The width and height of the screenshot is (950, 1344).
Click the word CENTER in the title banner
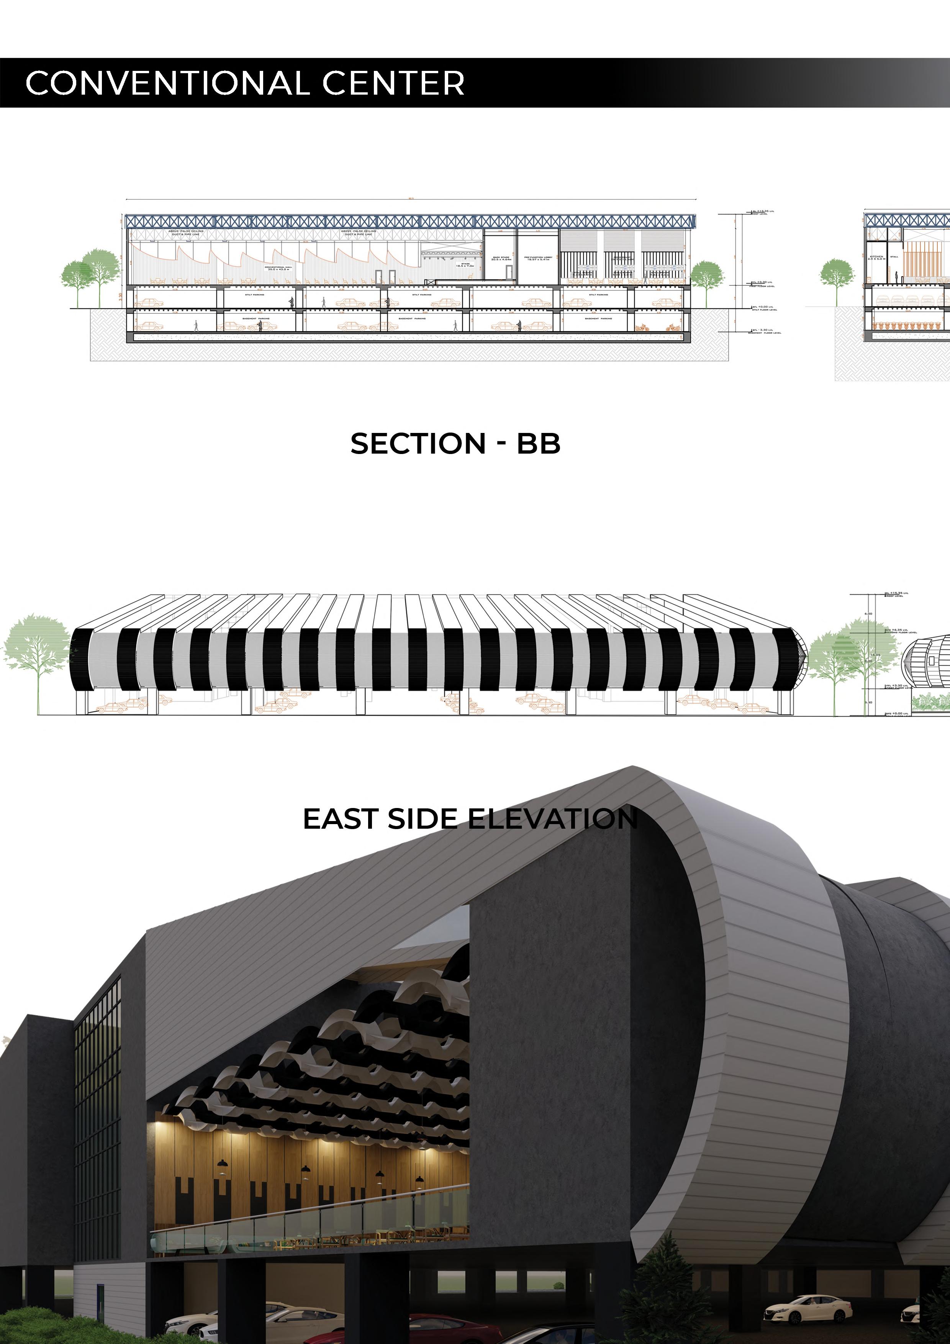[x=393, y=83]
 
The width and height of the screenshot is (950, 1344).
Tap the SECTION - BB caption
[x=455, y=444]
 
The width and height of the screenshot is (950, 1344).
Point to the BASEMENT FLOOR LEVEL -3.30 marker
[x=765, y=332]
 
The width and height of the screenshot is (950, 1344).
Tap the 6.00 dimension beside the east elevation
[x=868, y=613]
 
